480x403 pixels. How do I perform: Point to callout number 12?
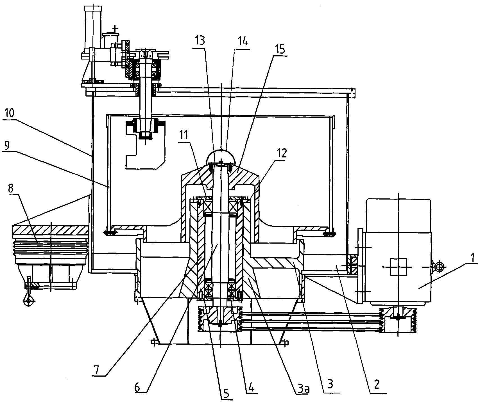(x=282, y=153)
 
